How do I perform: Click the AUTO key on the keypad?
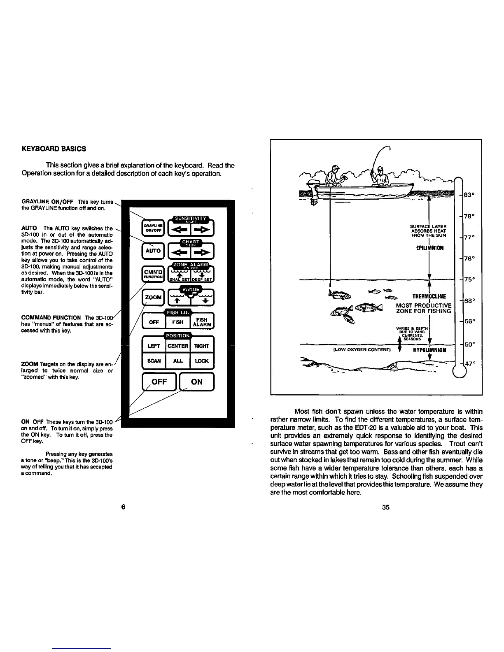[x=153, y=250]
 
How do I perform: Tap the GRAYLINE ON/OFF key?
[x=153, y=228]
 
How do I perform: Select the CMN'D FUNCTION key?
[x=153, y=274]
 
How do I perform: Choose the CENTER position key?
[x=178, y=346]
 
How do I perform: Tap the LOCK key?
[x=202, y=361]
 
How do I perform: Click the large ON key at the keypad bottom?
[x=197, y=382]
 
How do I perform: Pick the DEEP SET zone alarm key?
[x=202, y=275]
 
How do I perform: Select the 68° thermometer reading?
[x=469, y=301]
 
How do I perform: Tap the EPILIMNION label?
[x=429, y=248]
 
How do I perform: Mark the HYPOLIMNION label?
[x=429, y=350]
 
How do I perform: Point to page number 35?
[x=385, y=507]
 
